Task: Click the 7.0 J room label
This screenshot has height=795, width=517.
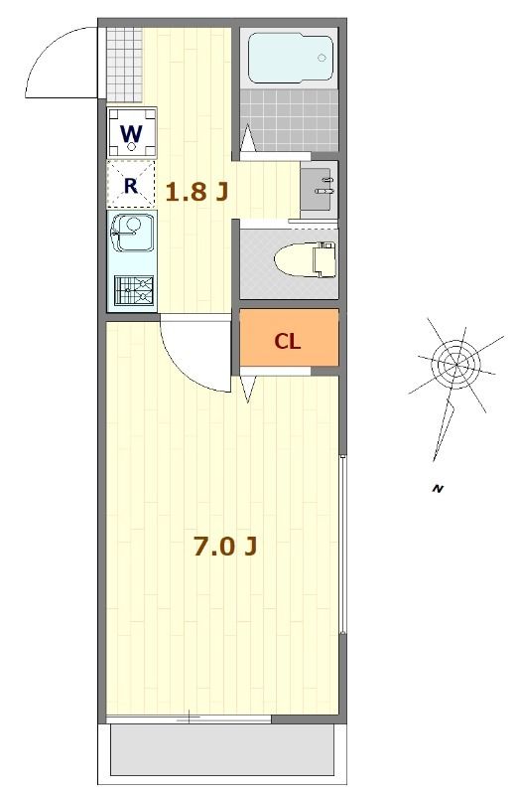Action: (x=226, y=547)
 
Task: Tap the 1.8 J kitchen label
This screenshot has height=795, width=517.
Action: (x=196, y=192)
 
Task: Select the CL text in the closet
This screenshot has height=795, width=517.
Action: (x=288, y=343)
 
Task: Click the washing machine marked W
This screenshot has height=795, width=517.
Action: (x=132, y=132)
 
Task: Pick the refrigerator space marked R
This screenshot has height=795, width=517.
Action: (x=131, y=184)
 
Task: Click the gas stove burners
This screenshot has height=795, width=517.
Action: (x=133, y=291)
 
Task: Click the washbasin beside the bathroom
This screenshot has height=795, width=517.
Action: (x=319, y=186)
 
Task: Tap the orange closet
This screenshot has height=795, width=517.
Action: (x=289, y=341)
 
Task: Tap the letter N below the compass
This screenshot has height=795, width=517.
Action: (x=436, y=488)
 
